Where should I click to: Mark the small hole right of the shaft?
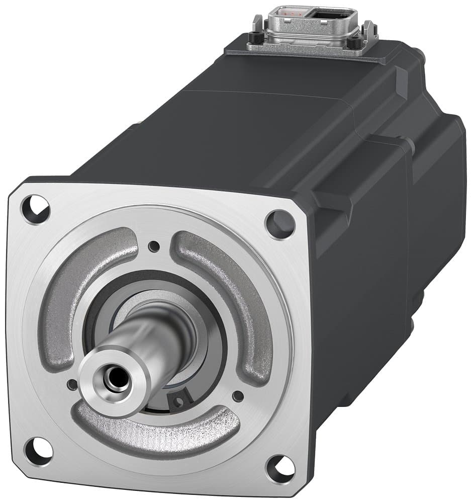click(238, 396)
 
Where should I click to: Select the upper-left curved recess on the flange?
click(80, 287)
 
